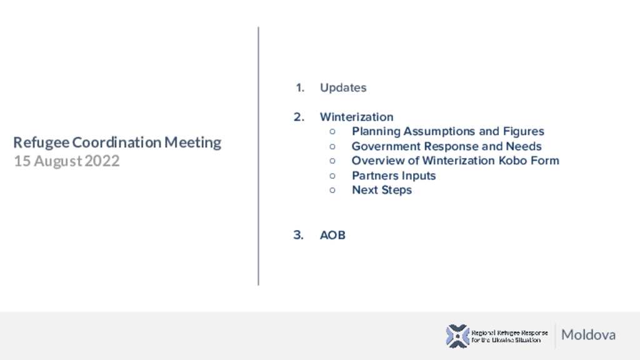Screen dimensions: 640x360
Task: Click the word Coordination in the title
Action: point(117,142)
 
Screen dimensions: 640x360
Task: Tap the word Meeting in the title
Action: point(192,143)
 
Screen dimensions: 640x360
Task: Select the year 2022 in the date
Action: point(102,161)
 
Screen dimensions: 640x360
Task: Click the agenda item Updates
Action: point(343,87)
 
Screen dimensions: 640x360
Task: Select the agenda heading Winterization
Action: point(357,117)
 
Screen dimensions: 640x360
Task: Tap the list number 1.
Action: point(300,87)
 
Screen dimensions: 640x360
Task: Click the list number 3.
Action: point(298,235)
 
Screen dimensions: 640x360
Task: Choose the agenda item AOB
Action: point(332,235)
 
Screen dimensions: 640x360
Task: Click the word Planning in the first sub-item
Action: point(376,131)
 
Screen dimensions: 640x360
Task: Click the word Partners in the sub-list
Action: point(375,176)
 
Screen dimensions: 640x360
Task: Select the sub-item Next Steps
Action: point(382,190)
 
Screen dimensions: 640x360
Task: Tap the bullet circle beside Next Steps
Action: point(332,190)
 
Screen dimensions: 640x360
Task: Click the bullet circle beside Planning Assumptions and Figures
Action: point(332,131)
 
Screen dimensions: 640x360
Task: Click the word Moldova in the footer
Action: point(588,335)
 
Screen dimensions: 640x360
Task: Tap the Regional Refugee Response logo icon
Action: point(457,336)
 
